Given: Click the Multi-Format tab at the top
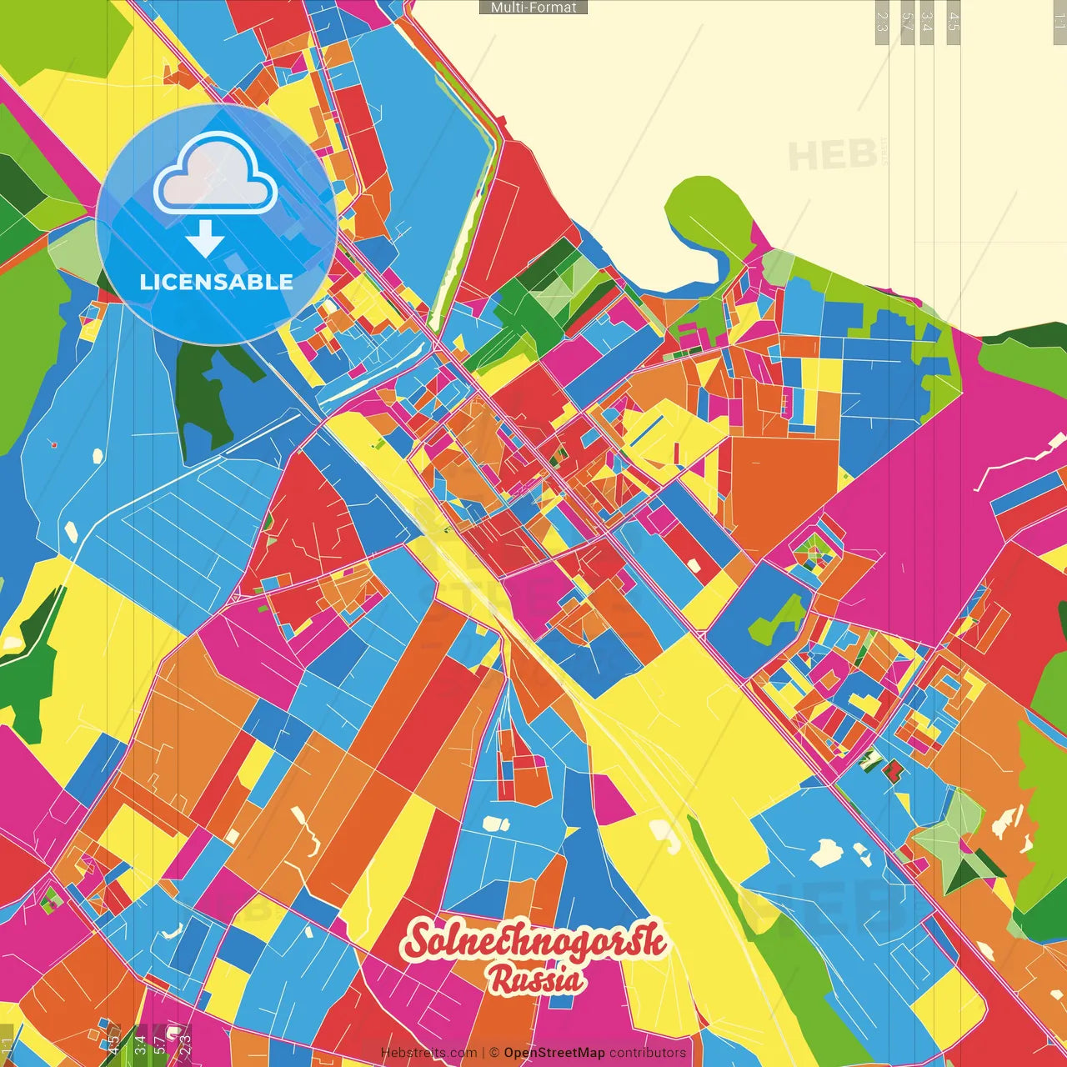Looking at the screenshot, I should (533, 8).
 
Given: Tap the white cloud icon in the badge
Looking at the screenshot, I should (216, 174).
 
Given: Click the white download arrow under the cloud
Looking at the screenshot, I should (204, 239).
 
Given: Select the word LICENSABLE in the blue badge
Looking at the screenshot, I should (216, 282).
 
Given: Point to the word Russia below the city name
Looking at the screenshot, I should (535, 979).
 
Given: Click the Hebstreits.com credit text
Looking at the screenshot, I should (428, 1053).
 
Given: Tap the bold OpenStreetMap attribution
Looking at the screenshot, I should (554, 1053).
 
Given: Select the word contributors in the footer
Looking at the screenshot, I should (648, 1053).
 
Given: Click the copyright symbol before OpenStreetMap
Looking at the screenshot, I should (494, 1053).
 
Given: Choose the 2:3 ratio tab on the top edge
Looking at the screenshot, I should (882, 22).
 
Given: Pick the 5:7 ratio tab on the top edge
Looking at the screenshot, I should (907, 22).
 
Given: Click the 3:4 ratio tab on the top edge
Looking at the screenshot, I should (927, 22).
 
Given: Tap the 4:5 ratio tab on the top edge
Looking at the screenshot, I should (954, 22).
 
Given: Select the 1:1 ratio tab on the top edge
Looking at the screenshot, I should (1059, 22).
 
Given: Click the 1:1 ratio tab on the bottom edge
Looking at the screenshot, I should (8, 1045).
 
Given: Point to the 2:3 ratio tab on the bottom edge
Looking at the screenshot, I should (184, 1042).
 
